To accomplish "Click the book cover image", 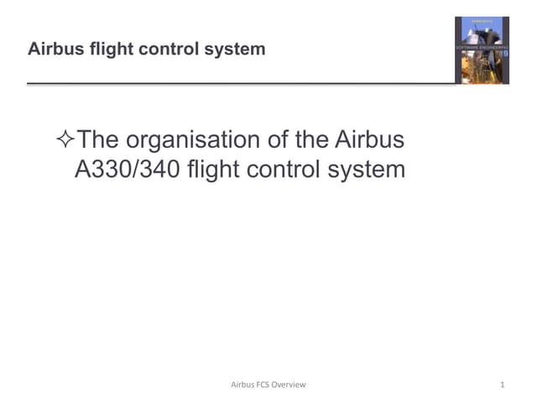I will pos(482,50).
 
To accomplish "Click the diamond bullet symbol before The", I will pos(64,139).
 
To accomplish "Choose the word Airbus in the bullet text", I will pos(369,139).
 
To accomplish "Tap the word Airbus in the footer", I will pos(244,385).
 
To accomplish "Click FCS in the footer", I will pos(270,385).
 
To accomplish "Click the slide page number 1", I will pos(501,385).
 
